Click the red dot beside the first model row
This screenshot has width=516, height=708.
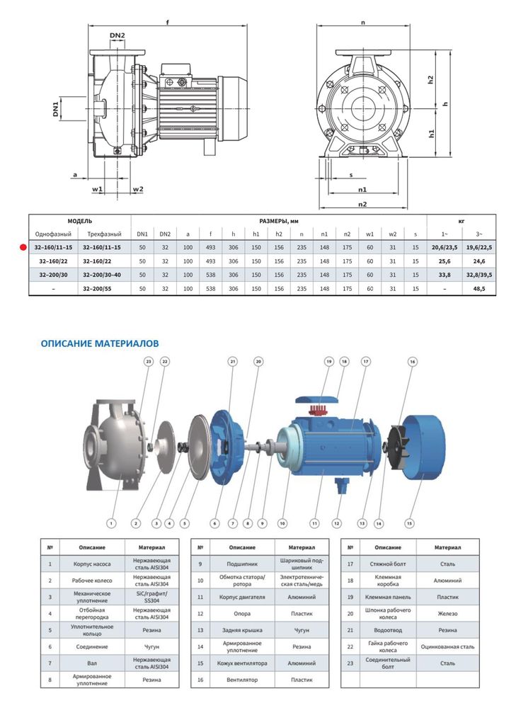pyautogui.click(x=23, y=247)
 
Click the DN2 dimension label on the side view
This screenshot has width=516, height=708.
pyautogui.click(x=117, y=36)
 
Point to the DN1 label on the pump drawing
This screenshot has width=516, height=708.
pyautogui.click(x=55, y=109)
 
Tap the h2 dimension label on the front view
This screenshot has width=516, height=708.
pyautogui.click(x=431, y=80)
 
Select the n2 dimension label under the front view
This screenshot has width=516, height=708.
pyautogui.click(x=362, y=204)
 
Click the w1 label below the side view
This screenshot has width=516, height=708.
pyautogui.click(x=98, y=189)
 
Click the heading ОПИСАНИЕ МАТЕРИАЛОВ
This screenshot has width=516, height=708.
pyautogui.click(x=100, y=343)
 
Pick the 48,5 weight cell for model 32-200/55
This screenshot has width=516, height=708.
pyautogui.click(x=479, y=289)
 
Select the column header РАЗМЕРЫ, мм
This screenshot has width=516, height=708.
pyautogui.click(x=279, y=221)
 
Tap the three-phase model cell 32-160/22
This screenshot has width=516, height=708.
pyautogui.click(x=102, y=261)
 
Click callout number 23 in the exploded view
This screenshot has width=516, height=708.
pyautogui.click(x=148, y=362)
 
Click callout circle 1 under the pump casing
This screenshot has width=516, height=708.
pyautogui.click(x=110, y=524)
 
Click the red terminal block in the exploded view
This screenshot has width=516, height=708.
pyautogui.click(x=318, y=413)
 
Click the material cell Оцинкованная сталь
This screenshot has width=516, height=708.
pyautogui.click(x=447, y=646)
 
